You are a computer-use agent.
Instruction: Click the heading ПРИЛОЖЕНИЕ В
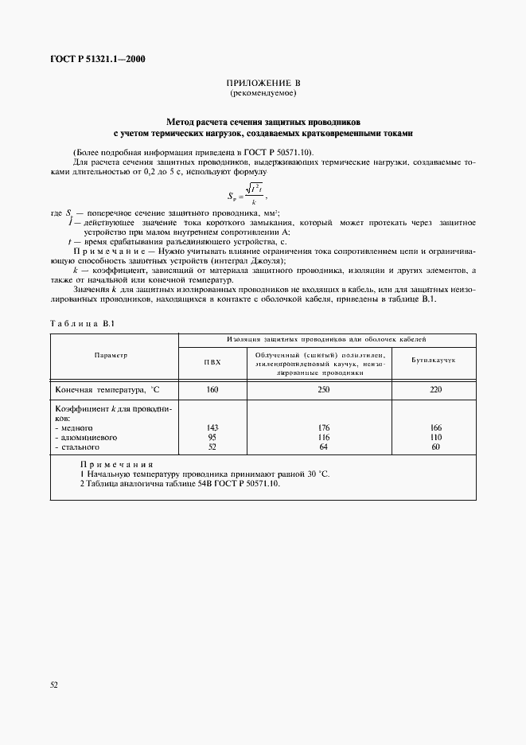pos(263,84)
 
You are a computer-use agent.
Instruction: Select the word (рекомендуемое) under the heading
pos(263,94)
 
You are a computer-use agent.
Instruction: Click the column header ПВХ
pos(212,361)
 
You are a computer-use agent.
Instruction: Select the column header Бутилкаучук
pos(432,361)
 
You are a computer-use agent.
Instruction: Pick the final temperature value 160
pos(212,390)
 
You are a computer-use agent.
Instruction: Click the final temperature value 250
pos(323,390)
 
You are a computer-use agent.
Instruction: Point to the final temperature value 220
pos(434,390)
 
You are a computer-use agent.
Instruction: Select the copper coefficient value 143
pos(212,427)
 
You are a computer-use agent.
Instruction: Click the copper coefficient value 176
pos(323,427)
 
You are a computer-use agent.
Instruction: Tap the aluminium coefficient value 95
pos(212,437)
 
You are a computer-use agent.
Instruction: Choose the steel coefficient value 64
pos(323,447)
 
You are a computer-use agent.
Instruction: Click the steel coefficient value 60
pos(434,447)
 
